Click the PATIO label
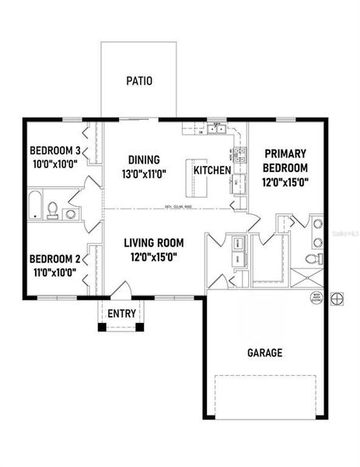139,80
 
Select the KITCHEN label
212,170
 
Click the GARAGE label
264,353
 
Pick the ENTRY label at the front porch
121,314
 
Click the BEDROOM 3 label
55,150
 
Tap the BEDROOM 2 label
55,259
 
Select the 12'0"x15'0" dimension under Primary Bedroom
285,183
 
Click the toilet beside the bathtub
53,209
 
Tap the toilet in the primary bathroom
312,259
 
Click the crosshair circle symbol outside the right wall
337,298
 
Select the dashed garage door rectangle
265,397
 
